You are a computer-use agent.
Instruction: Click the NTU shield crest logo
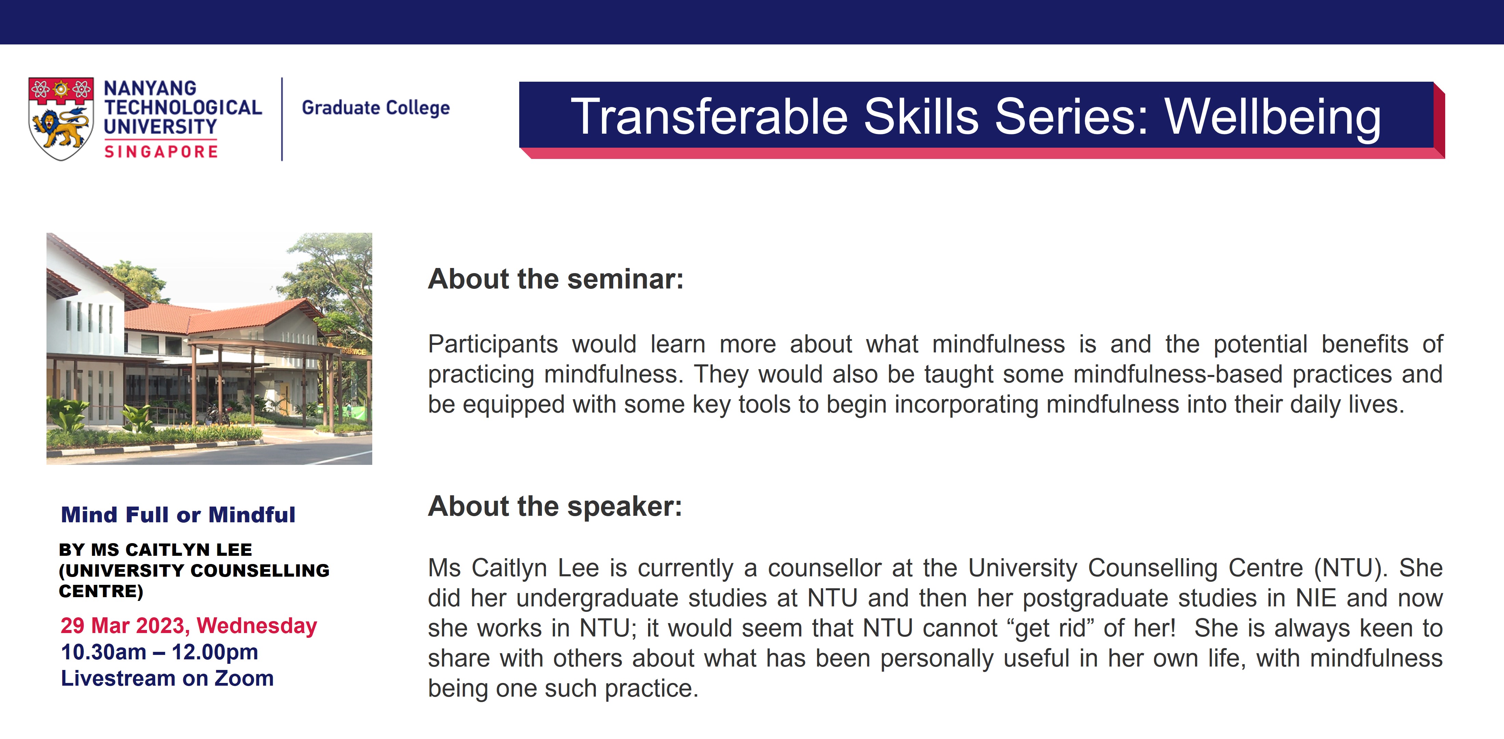[x=61, y=119]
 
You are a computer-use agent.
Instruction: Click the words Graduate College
[x=375, y=108]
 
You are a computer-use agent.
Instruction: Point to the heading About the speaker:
[x=555, y=506]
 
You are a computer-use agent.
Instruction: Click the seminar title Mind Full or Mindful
[x=178, y=515]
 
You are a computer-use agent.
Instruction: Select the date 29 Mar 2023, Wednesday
[x=189, y=626]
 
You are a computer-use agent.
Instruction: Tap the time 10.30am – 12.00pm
[x=159, y=652]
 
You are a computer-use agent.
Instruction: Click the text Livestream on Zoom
[x=167, y=678]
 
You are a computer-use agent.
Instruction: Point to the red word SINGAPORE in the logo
[x=161, y=152]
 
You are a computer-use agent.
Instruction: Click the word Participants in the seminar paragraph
[x=493, y=345]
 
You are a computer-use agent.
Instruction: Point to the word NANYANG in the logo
[x=150, y=88]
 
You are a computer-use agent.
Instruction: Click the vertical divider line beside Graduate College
[x=282, y=119]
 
